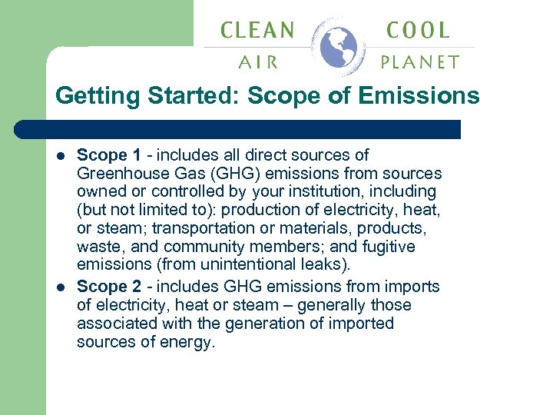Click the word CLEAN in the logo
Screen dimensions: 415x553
[x=257, y=31]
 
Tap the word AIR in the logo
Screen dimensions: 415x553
[x=257, y=62]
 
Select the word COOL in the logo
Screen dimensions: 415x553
[x=419, y=31]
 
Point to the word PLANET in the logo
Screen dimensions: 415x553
[x=420, y=62]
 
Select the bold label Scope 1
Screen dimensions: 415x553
[x=106, y=154]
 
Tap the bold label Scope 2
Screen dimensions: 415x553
[x=106, y=287]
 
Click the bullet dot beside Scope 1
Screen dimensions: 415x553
[x=62, y=154]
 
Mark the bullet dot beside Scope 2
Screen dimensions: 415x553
[x=62, y=287]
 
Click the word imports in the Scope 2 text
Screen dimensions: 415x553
[x=414, y=287]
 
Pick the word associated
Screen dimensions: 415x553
[x=115, y=324]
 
